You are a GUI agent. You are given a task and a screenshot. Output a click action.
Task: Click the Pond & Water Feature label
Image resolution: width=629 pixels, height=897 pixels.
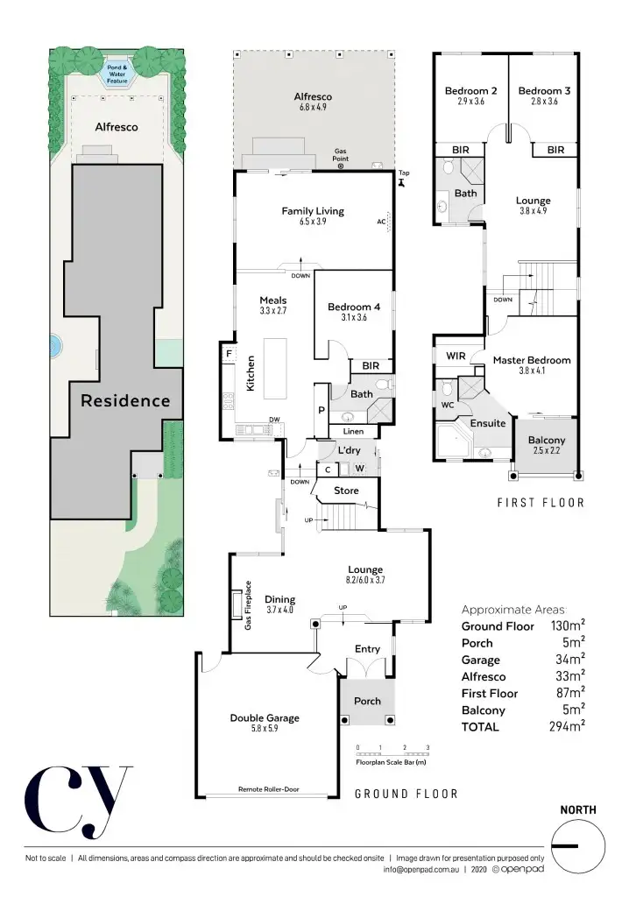[x=117, y=74]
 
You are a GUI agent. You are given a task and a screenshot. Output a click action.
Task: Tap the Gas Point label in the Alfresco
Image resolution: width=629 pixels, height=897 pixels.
[x=341, y=155]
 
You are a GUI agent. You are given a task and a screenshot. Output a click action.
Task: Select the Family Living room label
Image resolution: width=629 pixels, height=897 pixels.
[x=312, y=211]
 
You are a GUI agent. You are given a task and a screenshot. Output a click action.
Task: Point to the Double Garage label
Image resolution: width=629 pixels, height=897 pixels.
[x=265, y=718]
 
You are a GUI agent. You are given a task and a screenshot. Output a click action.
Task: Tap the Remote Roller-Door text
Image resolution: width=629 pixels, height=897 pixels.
[x=268, y=789]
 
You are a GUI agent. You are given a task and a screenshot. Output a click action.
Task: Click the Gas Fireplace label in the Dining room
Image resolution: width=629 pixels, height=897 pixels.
[x=249, y=605]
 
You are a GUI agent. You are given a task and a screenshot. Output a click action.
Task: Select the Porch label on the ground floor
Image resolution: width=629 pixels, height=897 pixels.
[x=367, y=702]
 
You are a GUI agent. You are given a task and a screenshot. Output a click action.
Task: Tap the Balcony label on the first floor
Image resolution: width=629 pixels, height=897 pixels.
[x=547, y=441]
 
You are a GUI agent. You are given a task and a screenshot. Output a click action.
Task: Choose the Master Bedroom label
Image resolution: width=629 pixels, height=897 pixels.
[x=531, y=360]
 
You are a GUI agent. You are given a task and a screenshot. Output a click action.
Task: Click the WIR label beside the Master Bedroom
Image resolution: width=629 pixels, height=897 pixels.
[x=456, y=357]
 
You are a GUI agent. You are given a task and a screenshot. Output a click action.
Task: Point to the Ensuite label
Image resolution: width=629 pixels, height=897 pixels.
[x=488, y=423]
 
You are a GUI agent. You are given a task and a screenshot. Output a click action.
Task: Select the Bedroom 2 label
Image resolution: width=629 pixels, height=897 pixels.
[x=471, y=91]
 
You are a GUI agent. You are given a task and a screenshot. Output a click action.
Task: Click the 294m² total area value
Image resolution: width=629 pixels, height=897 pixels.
[x=567, y=726]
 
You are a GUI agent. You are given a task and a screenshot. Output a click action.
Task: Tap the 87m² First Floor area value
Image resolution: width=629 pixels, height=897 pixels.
[x=567, y=693]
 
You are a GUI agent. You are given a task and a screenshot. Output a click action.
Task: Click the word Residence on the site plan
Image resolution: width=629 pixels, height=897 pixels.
[x=125, y=401]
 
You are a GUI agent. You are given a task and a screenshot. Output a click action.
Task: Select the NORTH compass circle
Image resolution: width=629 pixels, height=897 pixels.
[x=578, y=845]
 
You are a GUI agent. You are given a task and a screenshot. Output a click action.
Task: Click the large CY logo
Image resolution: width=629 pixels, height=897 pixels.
[x=79, y=800]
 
